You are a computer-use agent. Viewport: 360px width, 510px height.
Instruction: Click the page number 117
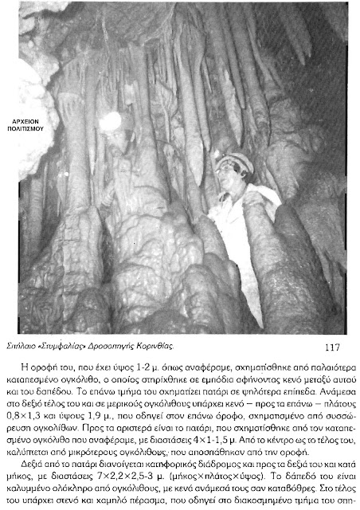click(333, 347)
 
